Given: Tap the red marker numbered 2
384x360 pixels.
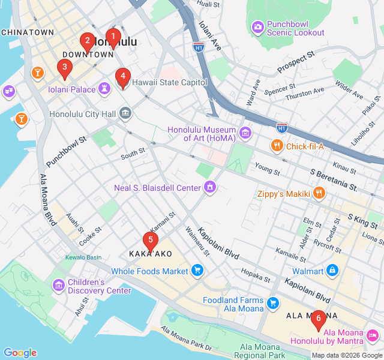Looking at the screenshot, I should click(x=88, y=41).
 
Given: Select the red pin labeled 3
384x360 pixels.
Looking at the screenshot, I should click(x=64, y=67).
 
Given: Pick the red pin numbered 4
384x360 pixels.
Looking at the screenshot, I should click(x=122, y=76).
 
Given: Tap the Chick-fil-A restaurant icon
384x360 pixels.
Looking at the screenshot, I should click(x=277, y=146).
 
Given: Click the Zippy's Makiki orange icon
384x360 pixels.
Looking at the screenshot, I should click(x=319, y=193).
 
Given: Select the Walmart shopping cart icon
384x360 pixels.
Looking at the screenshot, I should click(x=332, y=271).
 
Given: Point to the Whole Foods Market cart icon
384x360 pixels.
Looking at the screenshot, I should click(x=197, y=271).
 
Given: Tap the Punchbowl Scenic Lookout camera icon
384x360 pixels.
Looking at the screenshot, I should click(x=257, y=27).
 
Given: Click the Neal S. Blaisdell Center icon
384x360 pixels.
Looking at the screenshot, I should click(x=210, y=188).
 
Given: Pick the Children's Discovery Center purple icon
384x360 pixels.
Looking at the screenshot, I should click(x=58, y=286).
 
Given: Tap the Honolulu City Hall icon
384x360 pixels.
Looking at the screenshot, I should click(x=125, y=113).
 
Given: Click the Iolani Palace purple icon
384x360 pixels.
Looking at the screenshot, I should click(x=106, y=89).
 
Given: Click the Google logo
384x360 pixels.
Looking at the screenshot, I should click(x=20, y=353).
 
